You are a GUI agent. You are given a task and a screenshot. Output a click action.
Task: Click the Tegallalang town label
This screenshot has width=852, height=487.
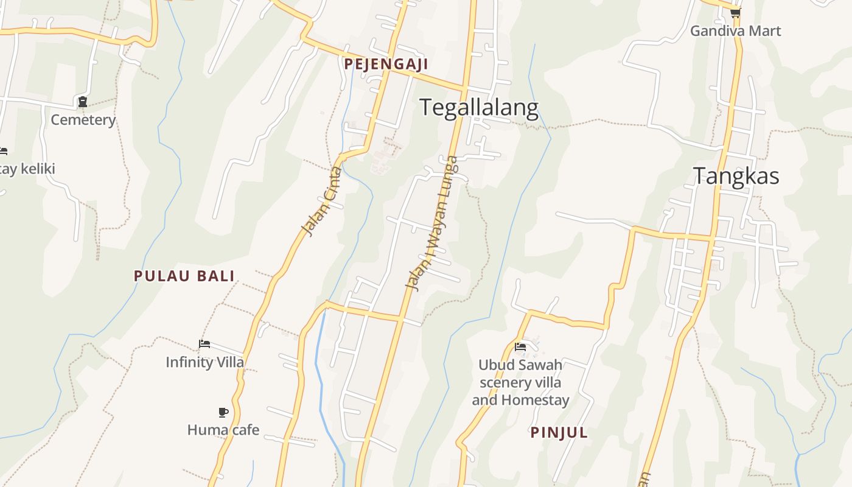479,108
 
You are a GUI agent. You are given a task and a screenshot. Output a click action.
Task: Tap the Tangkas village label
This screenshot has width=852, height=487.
736,176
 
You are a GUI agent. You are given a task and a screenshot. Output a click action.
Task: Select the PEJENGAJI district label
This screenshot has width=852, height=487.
386,64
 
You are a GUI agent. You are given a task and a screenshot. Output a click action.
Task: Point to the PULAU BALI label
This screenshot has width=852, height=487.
184,276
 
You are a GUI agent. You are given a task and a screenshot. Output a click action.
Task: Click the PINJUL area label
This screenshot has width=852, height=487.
559,432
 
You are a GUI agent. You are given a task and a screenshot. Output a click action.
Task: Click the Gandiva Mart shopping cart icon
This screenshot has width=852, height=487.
735,12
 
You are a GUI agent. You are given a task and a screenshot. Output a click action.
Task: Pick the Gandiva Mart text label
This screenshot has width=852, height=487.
735,30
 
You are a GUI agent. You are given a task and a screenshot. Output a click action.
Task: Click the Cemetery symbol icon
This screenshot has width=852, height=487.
83,102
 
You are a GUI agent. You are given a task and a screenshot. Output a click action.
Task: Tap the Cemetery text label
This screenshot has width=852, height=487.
83,120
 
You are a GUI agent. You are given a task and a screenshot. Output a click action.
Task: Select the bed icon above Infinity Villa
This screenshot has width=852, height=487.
204,344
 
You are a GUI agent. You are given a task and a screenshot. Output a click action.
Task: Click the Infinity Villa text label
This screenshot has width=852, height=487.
204,362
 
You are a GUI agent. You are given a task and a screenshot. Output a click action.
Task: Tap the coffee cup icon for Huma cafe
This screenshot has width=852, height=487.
223,412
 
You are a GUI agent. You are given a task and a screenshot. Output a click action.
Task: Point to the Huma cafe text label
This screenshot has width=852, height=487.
223,430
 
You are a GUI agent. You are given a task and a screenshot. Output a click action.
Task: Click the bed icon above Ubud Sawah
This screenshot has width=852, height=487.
520,347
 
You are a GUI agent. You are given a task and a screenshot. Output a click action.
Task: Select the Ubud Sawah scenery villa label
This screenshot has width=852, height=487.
520,374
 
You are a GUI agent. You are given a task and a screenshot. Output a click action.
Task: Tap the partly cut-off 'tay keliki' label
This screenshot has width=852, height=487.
27,169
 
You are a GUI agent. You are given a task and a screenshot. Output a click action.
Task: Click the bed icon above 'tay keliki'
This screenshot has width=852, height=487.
3,151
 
